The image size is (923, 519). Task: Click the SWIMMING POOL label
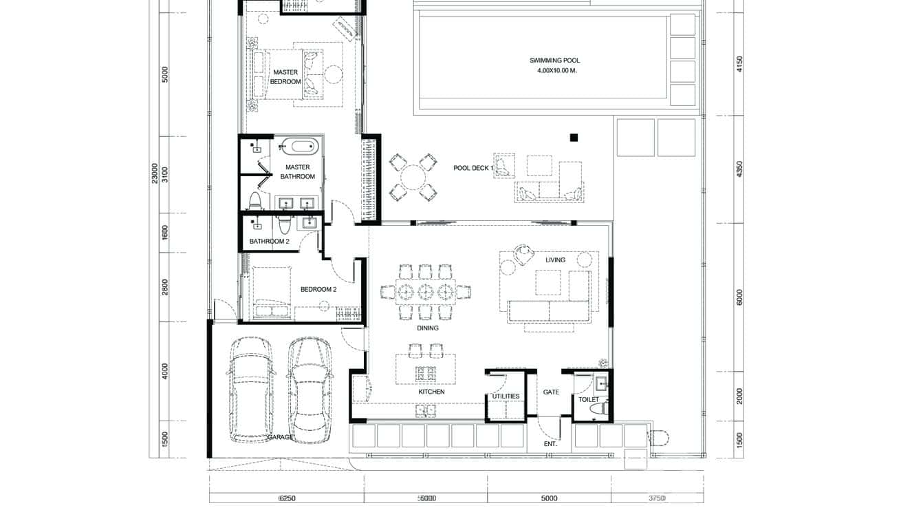(554, 61)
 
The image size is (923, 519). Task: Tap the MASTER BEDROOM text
(286, 76)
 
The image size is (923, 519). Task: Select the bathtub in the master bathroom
(299, 146)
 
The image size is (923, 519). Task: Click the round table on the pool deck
(412, 178)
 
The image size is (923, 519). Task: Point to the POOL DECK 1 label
(473, 168)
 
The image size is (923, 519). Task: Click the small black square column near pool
(574, 138)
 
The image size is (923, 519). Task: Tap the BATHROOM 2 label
(270, 242)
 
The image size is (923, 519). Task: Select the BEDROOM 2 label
(318, 290)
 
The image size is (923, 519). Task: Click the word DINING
(427, 328)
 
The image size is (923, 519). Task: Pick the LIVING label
(555, 260)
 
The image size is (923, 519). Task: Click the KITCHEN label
(431, 392)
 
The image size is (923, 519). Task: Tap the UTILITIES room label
(506, 396)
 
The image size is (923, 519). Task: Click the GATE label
(551, 392)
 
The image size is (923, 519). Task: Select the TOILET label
(588, 400)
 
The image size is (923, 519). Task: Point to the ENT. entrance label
(550, 444)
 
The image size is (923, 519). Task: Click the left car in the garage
(252, 389)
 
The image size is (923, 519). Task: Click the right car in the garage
(311, 389)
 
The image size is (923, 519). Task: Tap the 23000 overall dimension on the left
(156, 173)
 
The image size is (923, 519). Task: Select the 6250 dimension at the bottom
(287, 498)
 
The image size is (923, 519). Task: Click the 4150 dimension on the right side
(740, 65)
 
